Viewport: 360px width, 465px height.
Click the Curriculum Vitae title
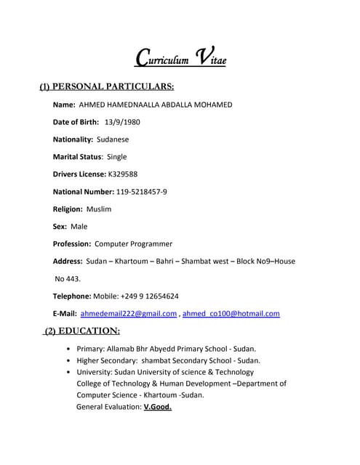coord(180,57)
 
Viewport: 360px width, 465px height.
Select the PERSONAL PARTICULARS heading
coord(106,87)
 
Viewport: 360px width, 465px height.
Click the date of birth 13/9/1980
coord(122,121)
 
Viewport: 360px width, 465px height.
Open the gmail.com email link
coord(129,313)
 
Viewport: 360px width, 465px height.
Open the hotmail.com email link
coord(231,313)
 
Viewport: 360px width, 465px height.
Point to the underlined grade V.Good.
coord(158,407)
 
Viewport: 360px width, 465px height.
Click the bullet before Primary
coord(68,349)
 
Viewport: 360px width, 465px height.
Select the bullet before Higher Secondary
coord(68,360)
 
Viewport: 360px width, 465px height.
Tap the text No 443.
coord(68,278)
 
